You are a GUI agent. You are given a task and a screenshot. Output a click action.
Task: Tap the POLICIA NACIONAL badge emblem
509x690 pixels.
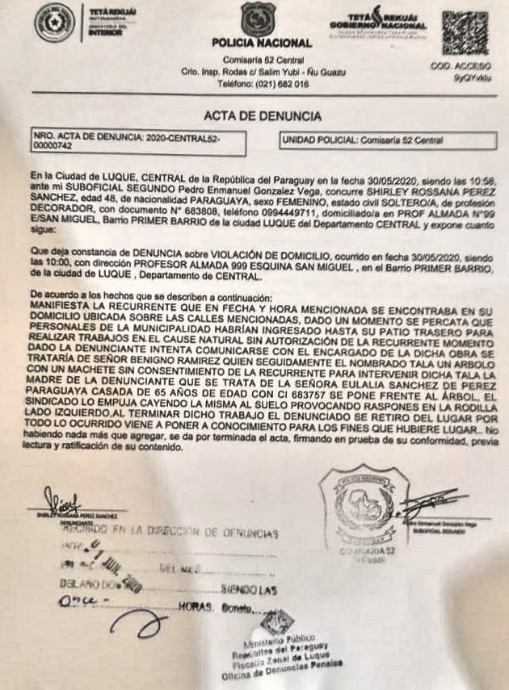point(259,19)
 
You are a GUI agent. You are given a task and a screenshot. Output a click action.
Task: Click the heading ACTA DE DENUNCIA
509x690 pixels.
point(258,116)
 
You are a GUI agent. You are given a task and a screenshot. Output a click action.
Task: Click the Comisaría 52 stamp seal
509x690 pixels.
point(359,509)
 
